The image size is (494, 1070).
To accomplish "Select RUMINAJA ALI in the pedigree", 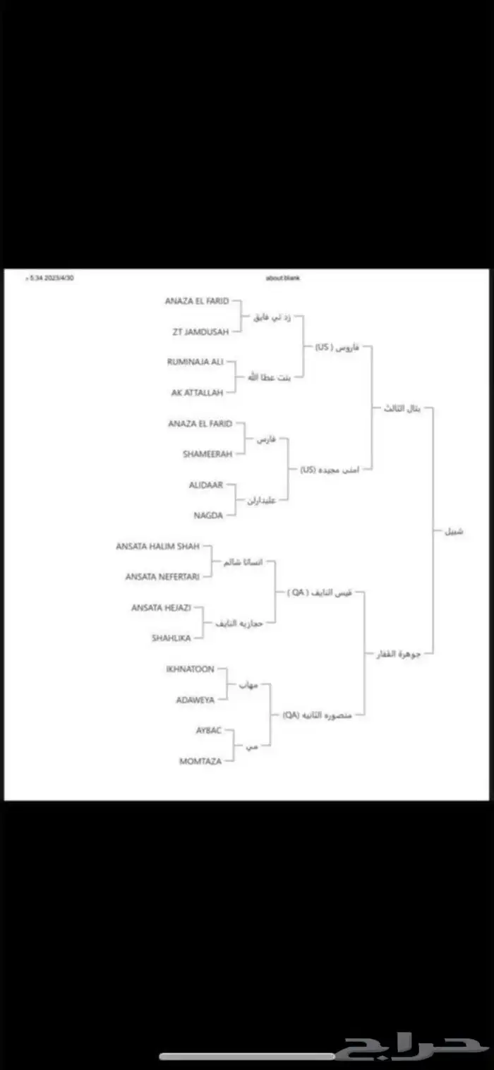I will click(195, 362).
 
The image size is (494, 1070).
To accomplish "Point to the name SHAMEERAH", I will click(206, 454).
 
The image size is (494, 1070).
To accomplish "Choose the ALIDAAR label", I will click(206, 485).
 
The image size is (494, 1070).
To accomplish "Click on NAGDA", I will click(208, 516).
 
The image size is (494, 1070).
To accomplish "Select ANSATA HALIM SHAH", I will click(157, 546).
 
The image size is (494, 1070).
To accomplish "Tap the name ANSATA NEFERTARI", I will click(162, 576).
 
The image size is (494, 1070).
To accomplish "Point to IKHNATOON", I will click(190, 669).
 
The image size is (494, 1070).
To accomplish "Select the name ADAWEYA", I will click(195, 700).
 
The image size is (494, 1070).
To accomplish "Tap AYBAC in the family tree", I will click(208, 730).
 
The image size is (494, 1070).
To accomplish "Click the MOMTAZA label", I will click(200, 761).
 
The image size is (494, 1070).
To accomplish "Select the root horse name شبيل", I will click(454, 531).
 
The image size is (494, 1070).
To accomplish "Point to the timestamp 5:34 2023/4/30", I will click(51, 278).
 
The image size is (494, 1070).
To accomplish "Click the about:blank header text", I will click(283, 278).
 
